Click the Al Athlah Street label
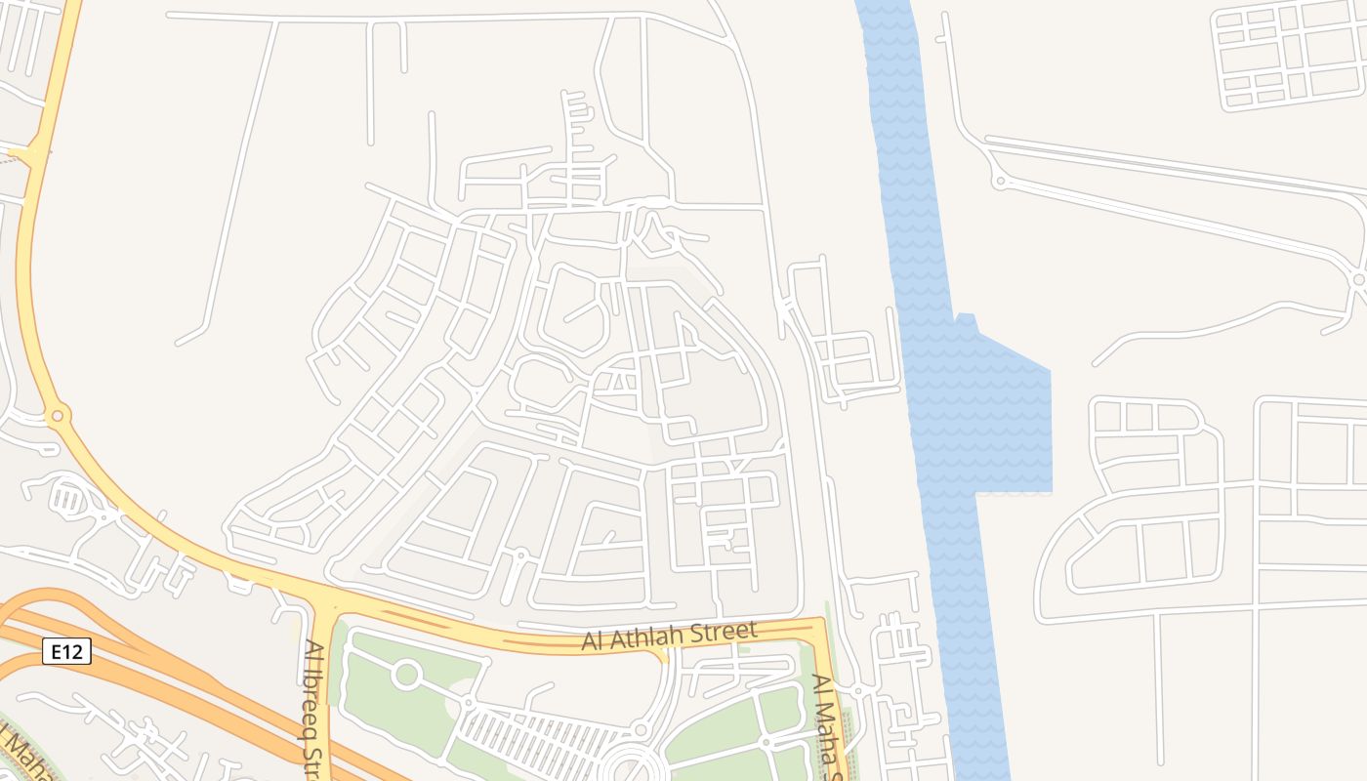669,636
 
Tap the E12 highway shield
66,651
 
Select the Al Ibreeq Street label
314,709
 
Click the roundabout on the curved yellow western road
58,416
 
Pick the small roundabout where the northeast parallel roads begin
999,181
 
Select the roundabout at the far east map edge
1357,279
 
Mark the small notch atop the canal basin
965,318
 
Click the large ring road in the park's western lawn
406,674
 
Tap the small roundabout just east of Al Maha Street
857,690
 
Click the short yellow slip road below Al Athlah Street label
664,655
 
